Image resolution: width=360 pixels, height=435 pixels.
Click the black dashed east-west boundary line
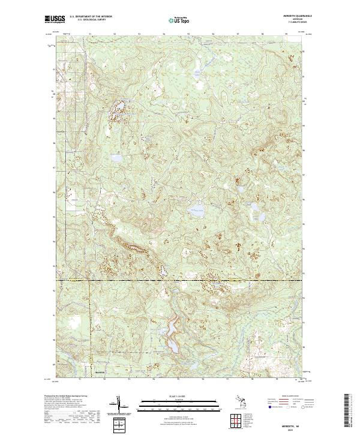click(x=180, y=280)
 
